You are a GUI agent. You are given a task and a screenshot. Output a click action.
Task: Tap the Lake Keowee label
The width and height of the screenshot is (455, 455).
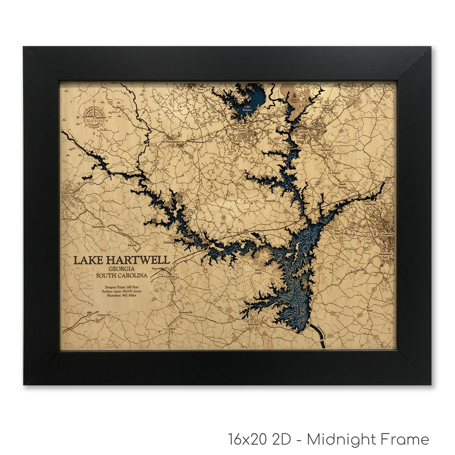pyautogui.click(x=247, y=108)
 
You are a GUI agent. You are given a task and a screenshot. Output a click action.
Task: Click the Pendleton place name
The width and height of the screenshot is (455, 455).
pyautogui.click(x=326, y=150)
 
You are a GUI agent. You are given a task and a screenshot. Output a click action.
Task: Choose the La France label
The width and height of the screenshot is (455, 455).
pyautogui.click(x=334, y=173)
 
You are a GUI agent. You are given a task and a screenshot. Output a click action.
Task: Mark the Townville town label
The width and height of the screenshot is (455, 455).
pyautogui.click(x=270, y=201)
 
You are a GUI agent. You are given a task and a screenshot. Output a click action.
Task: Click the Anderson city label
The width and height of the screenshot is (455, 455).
pyautogui.click(x=388, y=234)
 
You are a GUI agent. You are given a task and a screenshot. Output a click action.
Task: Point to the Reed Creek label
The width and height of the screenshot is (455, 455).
pyautogui.click(x=258, y=271)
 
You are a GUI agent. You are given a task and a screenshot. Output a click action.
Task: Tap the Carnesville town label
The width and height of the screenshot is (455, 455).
pyautogui.click(x=103, y=315)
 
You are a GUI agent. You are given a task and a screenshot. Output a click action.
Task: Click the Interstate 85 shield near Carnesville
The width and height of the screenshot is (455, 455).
pyautogui.click(x=89, y=314)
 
